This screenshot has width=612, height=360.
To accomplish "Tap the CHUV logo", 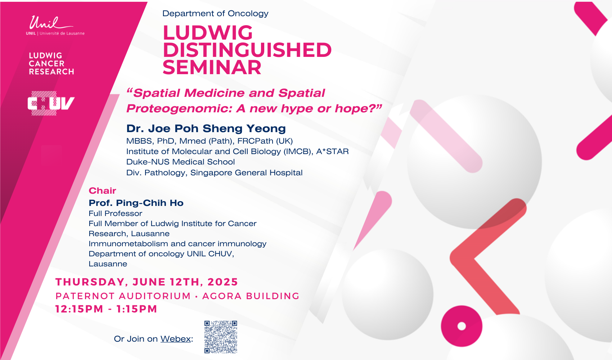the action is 51,103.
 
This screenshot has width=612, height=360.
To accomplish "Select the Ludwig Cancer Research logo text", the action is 51,64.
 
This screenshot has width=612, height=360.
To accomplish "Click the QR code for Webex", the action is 220,337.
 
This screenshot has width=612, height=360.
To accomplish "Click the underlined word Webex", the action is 175,339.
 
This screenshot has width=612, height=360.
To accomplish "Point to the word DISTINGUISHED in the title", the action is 247,50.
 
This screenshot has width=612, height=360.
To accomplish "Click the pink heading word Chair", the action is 103,190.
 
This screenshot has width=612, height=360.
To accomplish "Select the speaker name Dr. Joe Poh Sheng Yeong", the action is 206,129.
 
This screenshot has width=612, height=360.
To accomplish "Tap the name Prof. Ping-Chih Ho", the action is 136,203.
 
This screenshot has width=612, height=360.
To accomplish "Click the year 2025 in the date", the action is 223,282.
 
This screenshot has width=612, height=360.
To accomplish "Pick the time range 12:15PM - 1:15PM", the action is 106,309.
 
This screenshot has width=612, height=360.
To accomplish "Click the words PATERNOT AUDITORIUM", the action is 123,296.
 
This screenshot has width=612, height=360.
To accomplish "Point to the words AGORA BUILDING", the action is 251,296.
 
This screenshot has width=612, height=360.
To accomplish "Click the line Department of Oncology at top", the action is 215,13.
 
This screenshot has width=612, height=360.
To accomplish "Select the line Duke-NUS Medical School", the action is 180,162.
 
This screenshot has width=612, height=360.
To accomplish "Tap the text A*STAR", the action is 332,151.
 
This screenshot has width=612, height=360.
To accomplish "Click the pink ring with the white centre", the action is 462,326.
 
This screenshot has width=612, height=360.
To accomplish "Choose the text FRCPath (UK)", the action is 265,141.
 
